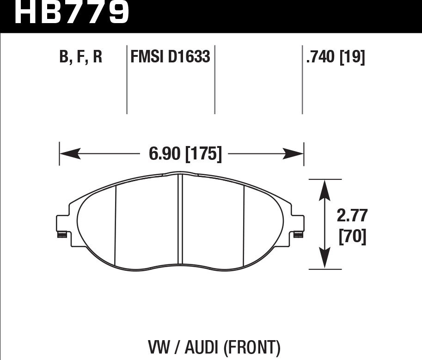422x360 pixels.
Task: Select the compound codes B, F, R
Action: pyautogui.click(x=80, y=57)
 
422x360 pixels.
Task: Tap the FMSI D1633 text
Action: pyautogui.click(x=170, y=57)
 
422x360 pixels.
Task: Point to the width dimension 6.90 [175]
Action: pyautogui.click(x=185, y=154)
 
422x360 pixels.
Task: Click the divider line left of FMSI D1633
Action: pyautogui.click(x=127, y=79)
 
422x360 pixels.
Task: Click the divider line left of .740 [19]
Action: pyautogui.click(x=302, y=79)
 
